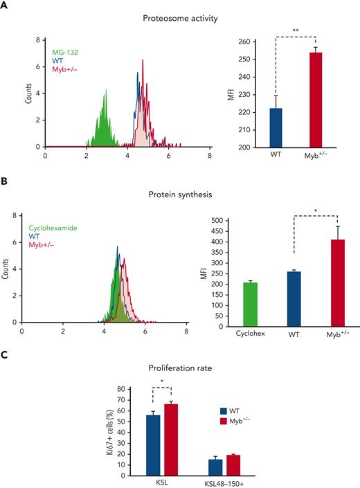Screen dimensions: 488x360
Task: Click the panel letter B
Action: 6,185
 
